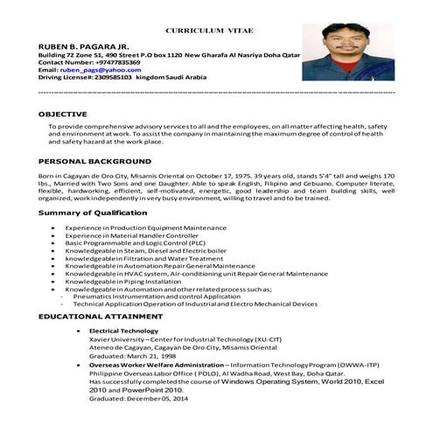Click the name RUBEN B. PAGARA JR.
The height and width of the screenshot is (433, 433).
82,44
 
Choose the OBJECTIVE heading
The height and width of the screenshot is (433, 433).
63,114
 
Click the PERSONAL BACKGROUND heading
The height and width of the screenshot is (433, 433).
94,162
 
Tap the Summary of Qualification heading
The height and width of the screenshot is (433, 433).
92,213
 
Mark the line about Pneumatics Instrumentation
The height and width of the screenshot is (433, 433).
156,297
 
